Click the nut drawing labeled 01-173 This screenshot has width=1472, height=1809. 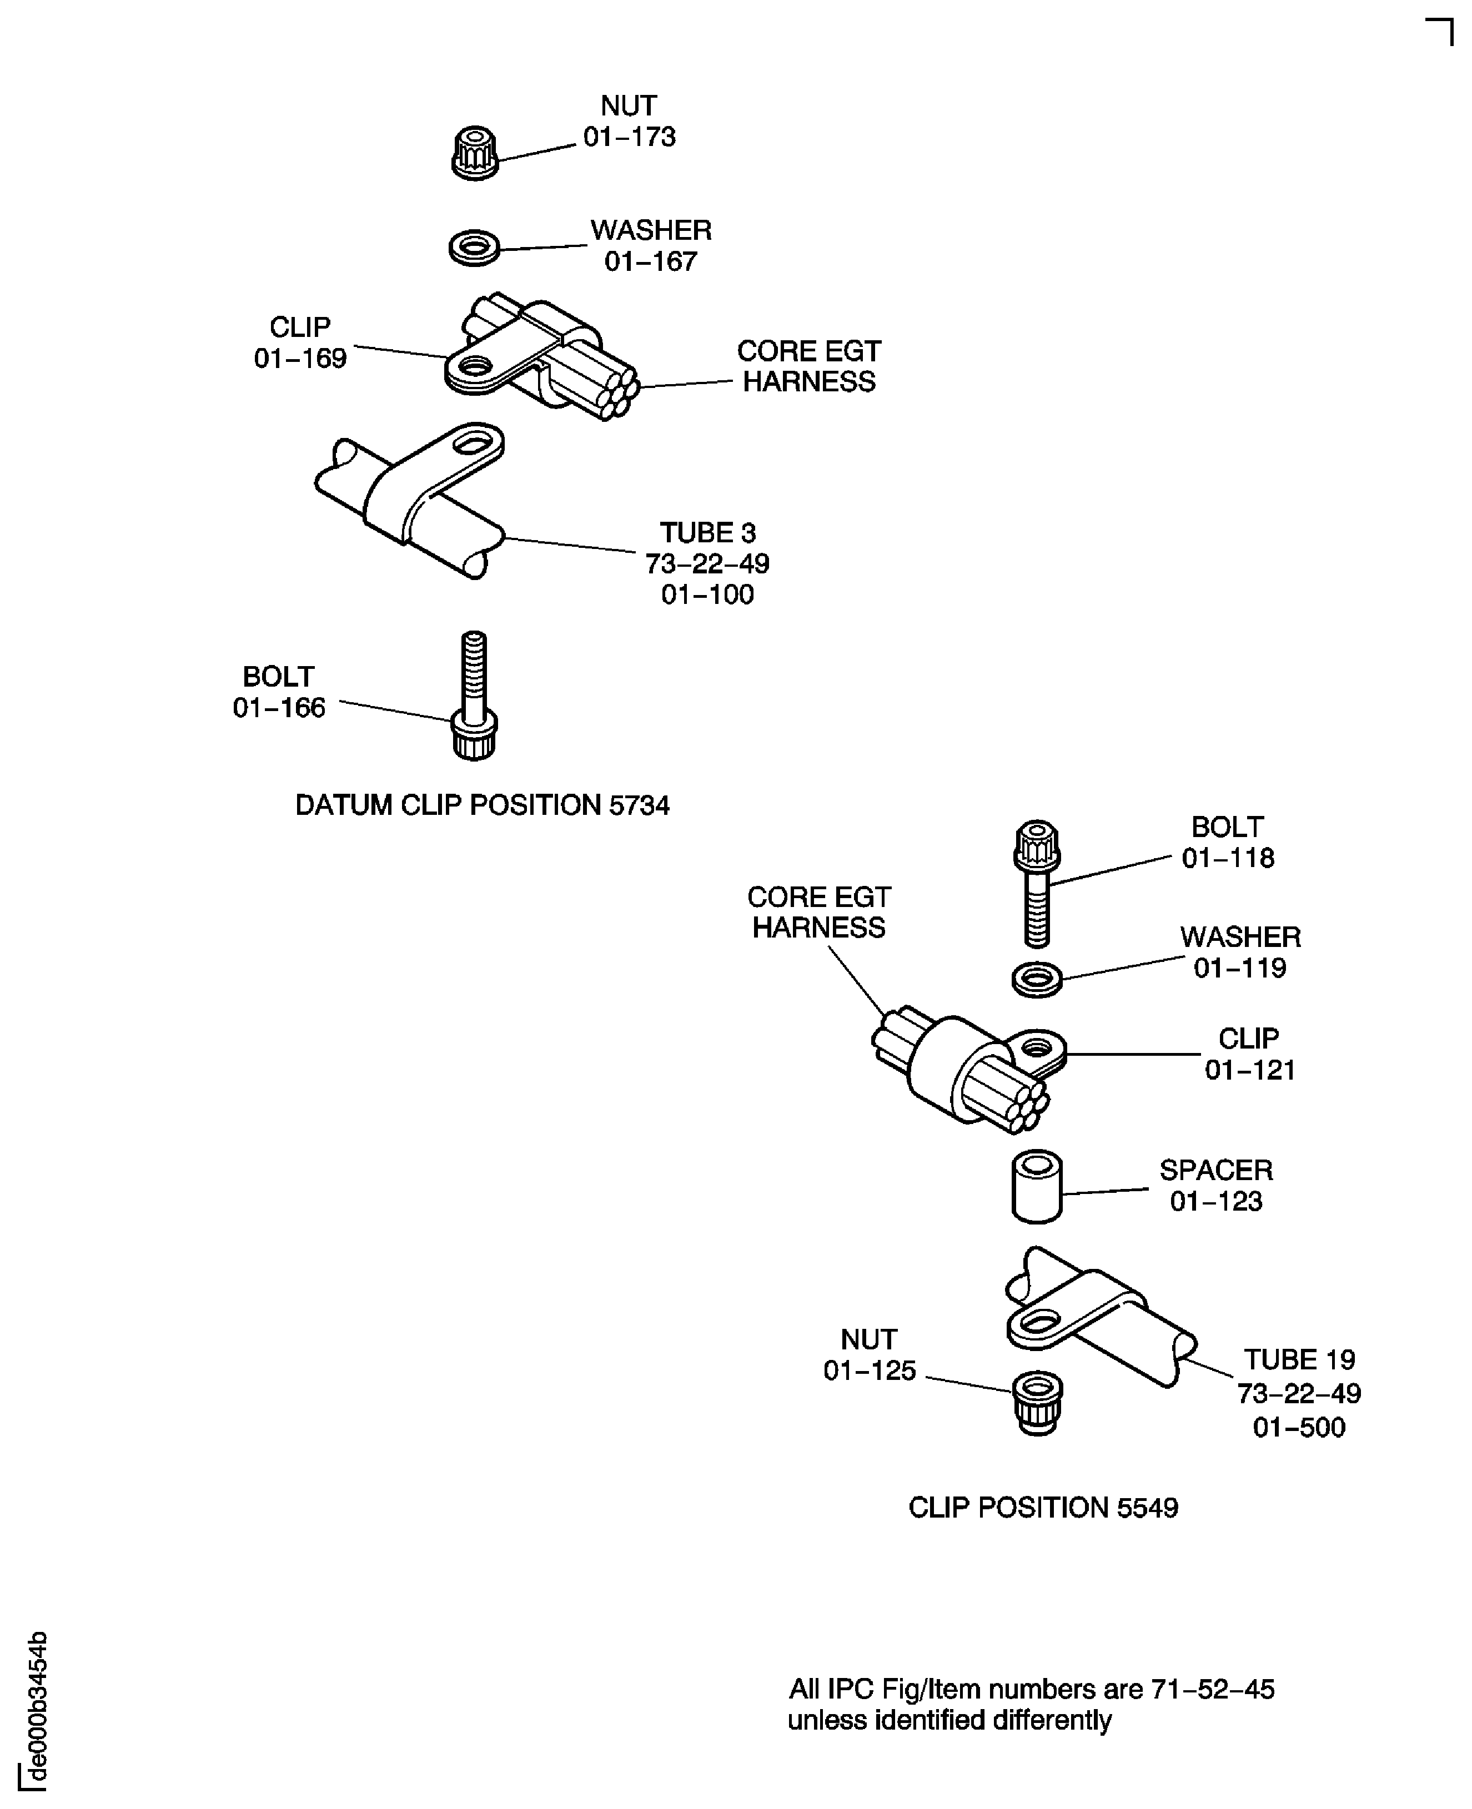tap(475, 153)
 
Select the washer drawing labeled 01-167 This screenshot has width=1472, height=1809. tap(474, 248)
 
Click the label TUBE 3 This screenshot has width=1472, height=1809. tap(707, 533)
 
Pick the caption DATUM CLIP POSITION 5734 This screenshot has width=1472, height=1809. tap(481, 805)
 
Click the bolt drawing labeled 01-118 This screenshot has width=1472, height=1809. tap(1037, 883)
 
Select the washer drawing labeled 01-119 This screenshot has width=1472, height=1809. tap(1037, 980)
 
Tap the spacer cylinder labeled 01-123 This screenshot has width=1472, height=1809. tap(1037, 1186)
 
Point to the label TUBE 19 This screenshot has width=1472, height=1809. tap(1299, 1360)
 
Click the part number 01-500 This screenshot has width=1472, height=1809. tap(1299, 1428)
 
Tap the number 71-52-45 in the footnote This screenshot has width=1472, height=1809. tap(1213, 1690)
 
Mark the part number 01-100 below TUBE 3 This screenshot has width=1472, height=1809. tap(707, 595)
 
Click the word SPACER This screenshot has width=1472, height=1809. tap(1216, 1171)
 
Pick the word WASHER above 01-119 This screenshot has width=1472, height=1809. tap(1240, 938)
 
